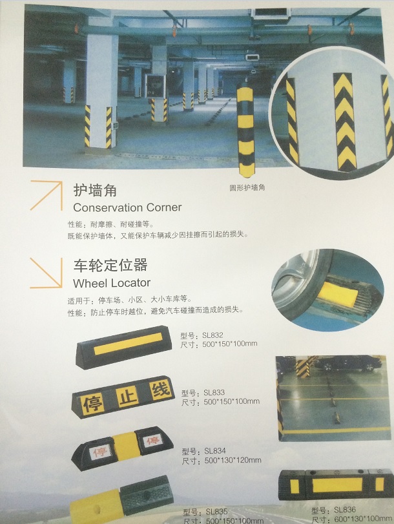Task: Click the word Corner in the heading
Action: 164,207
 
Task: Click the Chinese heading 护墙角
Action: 95,190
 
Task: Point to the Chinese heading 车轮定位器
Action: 110,265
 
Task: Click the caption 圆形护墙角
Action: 247,187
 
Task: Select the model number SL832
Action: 213,335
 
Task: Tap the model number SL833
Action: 214,392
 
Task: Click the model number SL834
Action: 215,451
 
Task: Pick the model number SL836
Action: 345,510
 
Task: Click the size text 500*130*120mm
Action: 233,460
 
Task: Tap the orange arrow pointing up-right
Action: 47,195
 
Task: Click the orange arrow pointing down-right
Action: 46,273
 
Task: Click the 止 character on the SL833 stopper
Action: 128,397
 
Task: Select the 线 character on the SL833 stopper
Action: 161,389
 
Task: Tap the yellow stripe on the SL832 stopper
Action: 128,344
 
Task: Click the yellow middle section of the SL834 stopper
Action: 125,446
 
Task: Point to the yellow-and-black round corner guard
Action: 245,131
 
